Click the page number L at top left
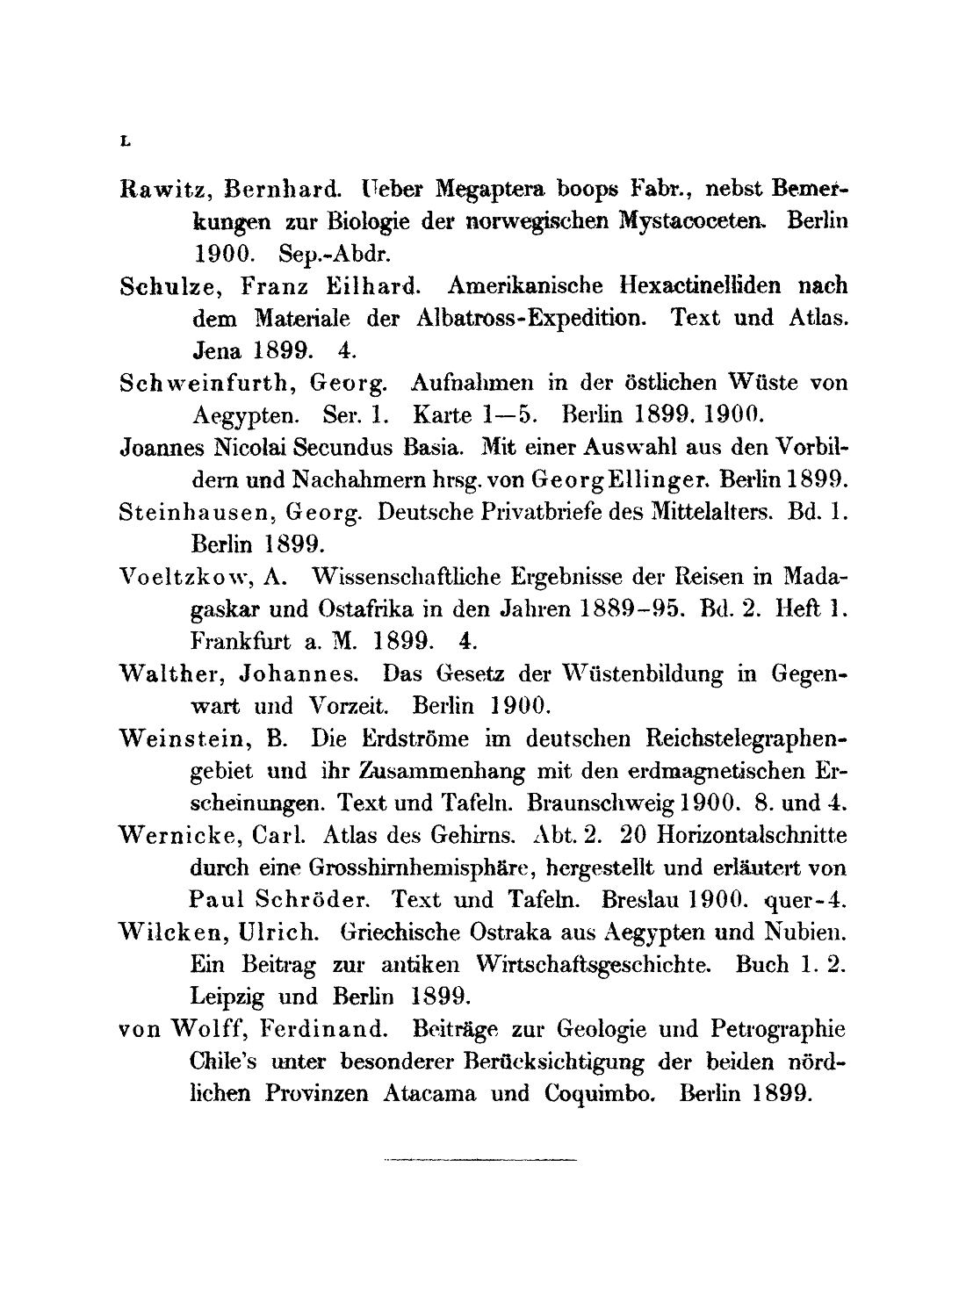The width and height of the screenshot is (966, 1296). (125, 140)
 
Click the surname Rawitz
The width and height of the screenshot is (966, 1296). (161, 189)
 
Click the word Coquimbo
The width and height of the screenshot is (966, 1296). (601, 1093)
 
